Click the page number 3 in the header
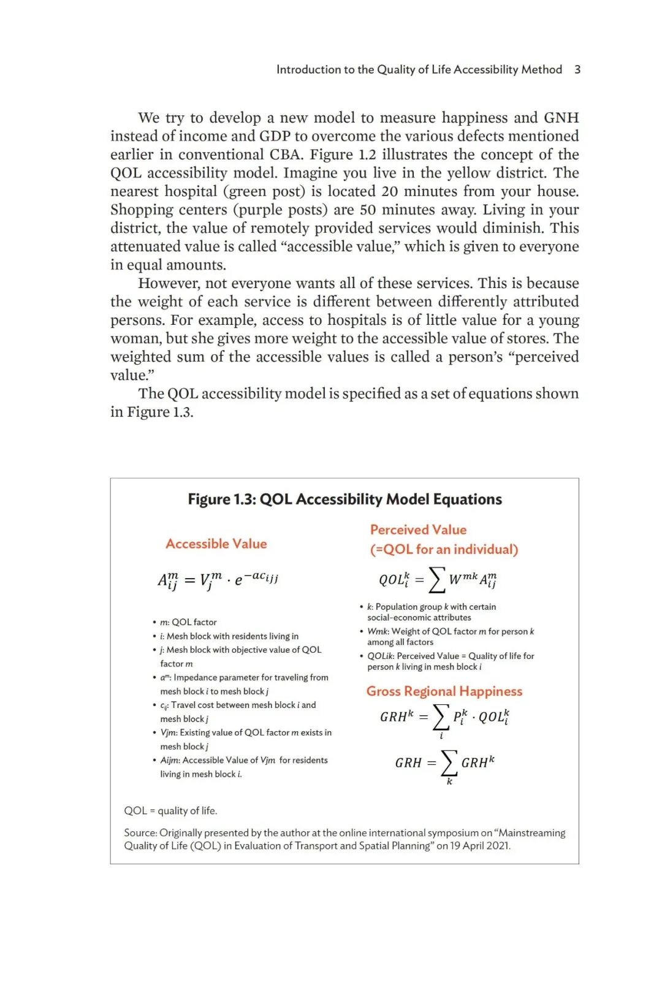click(577, 69)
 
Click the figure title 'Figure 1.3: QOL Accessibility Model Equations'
click(344, 499)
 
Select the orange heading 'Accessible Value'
click(216, 544)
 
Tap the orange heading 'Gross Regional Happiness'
click(444, 691)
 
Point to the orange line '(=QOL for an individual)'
click(444, 549)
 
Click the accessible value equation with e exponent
click(218, 579)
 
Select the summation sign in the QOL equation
click(436, 579)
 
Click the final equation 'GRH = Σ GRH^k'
click(444, 763)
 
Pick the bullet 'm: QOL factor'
click(188, 622)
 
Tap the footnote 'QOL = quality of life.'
click(170, 810)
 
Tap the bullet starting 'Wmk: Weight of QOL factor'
click(450, 636)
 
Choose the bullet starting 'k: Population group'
click(431, 612)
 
